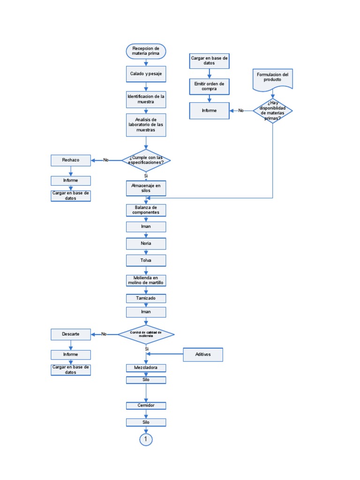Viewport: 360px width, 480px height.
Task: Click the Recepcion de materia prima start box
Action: tap(146, 51)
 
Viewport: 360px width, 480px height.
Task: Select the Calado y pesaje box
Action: tap(146, 75)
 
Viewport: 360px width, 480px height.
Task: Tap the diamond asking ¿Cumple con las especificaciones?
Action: tap(146, 160)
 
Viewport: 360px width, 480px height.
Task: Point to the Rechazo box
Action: tap(70, 160)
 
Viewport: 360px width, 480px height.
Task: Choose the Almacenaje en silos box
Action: tap(146, 188)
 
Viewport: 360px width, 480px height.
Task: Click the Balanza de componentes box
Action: tap(146, 210)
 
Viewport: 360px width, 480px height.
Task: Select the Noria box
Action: tap(146, 244)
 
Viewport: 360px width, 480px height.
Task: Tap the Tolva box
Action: tap(146, 260)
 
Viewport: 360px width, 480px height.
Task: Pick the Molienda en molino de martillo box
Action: tap(146, 280)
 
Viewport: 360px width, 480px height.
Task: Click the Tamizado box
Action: tap(146, 298)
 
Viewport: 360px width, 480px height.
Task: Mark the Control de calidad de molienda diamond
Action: tap(146, 334)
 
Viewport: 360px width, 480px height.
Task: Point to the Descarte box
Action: tap(70, 334)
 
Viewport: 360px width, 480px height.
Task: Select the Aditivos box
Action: tap(203, 354)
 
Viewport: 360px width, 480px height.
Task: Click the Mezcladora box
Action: tap(146, 368)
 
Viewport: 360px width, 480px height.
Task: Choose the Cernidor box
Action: tap(146, 405)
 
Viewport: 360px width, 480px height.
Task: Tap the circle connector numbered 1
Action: tap(146, 439)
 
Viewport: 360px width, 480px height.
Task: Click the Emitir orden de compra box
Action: tap(209, 86)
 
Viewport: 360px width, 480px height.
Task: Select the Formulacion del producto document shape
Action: tap(273, 78)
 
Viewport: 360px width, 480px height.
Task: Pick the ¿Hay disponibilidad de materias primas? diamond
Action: tap(273, 111)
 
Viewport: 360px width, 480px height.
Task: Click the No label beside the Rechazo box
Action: tap(106, 160)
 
